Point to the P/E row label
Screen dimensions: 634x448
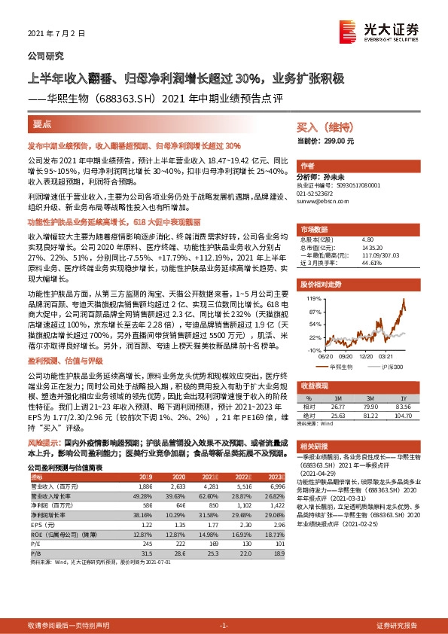pyautogui.click(x=36, y=542)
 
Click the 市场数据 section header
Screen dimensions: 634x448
pyautogui.click(x=313, y=227)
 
